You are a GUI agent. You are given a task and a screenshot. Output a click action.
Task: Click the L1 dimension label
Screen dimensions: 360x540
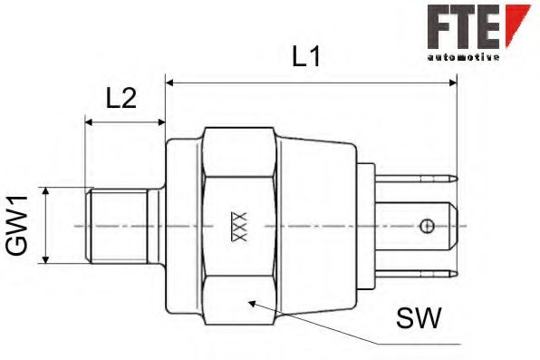pyautogui.click(x=306, y=57)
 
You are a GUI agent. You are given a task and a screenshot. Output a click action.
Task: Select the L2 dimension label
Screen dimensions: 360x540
pyautogui.click(x=121, y=98)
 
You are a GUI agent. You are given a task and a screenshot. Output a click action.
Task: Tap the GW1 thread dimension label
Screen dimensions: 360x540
pyautogui.click(x=19, y=226)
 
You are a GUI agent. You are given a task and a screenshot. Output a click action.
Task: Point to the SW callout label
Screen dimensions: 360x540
pyautogui.click(x=418, y=318)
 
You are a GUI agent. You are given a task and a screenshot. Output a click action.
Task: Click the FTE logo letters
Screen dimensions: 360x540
pyautogui.click(x=463, y=26)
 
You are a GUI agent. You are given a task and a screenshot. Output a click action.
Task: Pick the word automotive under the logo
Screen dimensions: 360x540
pyautogui.click(x=462, y=56)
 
